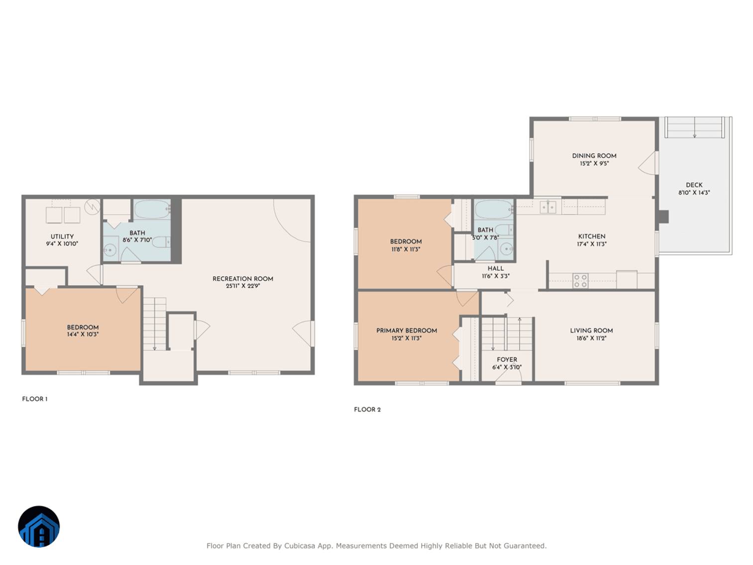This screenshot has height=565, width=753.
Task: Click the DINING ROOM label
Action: coord(594,156)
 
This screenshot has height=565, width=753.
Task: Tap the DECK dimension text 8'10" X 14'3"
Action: coord(694,193)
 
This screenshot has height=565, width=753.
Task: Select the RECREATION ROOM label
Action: coord(242,279)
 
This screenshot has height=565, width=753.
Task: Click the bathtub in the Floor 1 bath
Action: coord(152,210)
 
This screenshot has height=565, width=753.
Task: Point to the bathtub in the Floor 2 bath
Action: coord(493,210)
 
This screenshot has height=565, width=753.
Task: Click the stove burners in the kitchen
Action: coord(580,281)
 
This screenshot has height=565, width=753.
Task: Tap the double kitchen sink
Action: coord(548,207)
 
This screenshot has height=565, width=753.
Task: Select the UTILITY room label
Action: coord(62,236)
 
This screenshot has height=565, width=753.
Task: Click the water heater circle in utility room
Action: coord(92,206)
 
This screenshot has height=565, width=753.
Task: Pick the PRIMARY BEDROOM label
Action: coord(407,331)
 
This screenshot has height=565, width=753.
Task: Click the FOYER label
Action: coord(507,359)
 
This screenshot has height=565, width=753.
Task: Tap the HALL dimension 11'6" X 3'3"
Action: coord(495,276)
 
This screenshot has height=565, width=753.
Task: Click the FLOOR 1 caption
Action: coord(35,399)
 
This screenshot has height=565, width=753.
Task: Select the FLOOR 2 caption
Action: coord(367,409)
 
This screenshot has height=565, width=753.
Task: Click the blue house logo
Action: coord(39,527)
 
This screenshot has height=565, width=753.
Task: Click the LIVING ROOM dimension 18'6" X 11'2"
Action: coord(591,339)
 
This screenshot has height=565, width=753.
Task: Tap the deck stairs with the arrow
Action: coord(694,127)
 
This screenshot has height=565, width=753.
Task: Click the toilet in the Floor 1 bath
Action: coord(161,242)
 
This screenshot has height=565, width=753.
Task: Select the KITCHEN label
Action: coord(591,236)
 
